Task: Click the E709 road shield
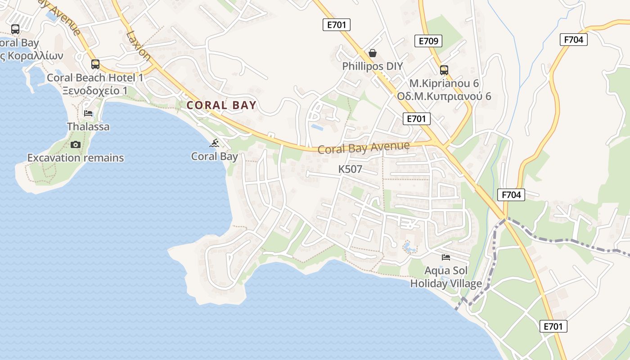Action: point(428,41)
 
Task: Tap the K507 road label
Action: point(350,169)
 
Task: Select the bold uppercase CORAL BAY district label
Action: point(221,105)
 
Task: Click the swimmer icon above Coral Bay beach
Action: point(215,144)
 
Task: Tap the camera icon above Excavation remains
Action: point(76,144)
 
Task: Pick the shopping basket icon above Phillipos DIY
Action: point(373,53)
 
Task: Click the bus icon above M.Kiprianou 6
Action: point(444,70)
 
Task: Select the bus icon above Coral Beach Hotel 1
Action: point(95,64)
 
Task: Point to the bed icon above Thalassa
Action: point(88,113)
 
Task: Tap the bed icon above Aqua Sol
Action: point(446,257)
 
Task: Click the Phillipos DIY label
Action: point(373,66)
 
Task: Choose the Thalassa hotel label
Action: point(88,126)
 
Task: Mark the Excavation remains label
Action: point(76,158)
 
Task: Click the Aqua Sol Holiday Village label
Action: point(446,277)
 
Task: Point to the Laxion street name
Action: point(139,45)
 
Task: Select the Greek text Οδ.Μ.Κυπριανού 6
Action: point(444,96)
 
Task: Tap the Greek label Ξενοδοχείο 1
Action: point(95,90)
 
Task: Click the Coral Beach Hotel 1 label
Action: point(95,77)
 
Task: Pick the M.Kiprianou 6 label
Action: point(444,83)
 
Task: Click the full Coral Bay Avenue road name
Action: point(364,148)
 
